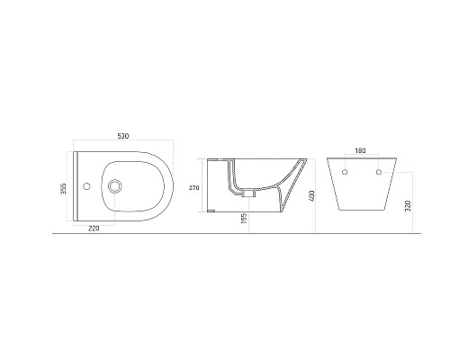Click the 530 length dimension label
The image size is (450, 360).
tap(123, 136)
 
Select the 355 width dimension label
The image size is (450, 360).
tap(63, 186)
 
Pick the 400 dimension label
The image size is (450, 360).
tap(310, 195)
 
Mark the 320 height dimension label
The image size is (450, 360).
tap(410, 207)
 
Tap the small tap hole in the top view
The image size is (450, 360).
tap(87, 187)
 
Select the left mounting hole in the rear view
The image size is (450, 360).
tap(346, 171)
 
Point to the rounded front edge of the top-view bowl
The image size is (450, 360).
tap(169, 187)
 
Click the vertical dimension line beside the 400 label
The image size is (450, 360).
tap(316, 195)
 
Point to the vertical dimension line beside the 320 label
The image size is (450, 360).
tap(417, 207)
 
